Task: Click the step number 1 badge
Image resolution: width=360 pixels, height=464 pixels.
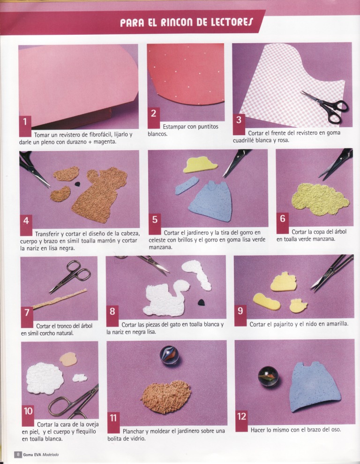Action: (x=25, y=126)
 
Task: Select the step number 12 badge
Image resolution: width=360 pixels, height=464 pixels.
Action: (x=241, y=421)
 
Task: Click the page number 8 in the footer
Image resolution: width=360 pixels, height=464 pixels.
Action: (x=18, y=454)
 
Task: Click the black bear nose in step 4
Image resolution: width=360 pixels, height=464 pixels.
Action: (x=77, y=184)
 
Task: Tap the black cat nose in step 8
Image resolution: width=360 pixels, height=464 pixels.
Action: (x=201, y=303)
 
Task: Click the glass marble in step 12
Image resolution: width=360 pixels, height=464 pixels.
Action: (x=268, y=376)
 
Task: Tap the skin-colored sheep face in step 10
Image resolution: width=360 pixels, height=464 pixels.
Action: (x=68, y=359)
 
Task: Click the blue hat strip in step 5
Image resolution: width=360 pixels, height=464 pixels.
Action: (x=186, y=185)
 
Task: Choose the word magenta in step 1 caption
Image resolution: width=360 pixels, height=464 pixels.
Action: (x=105, y=142)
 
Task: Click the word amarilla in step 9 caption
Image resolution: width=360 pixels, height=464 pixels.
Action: (x=337, y=324)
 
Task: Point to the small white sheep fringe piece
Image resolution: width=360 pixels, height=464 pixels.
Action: (x=80, y=377)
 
